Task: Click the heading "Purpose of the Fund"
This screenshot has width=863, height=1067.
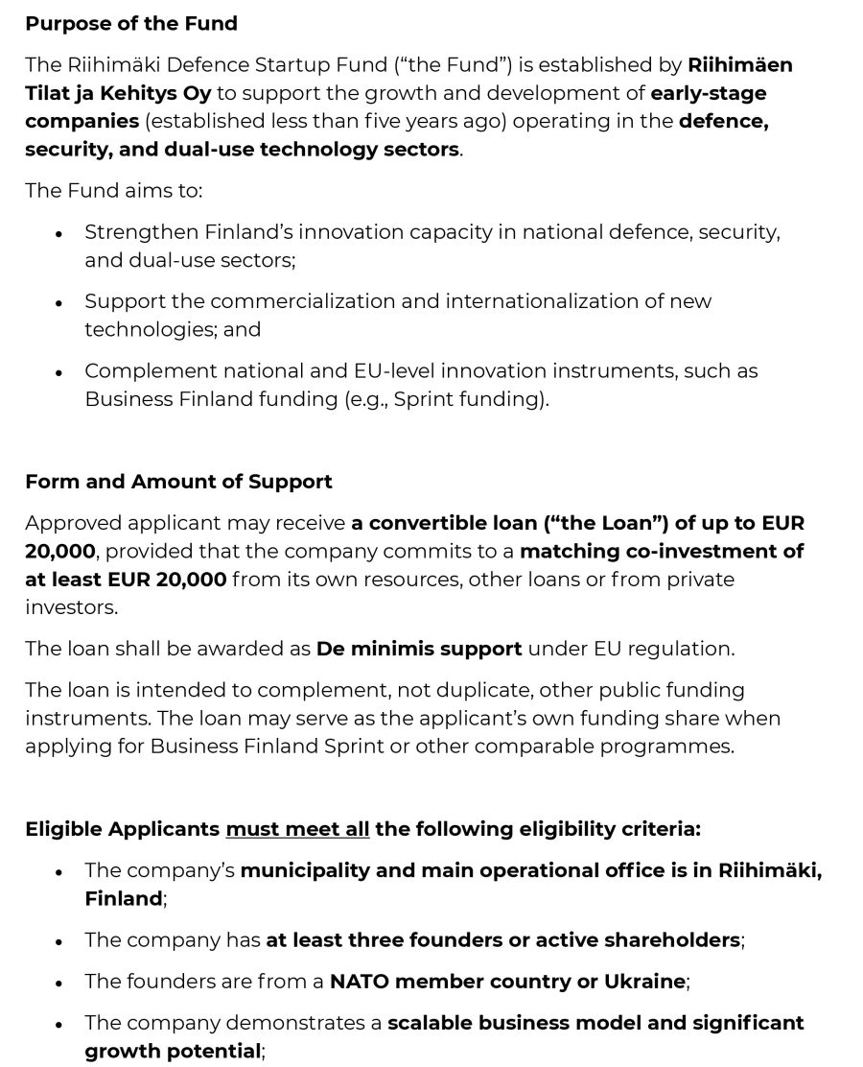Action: click(131, 24)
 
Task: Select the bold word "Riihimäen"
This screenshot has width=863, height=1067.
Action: click(740, 65)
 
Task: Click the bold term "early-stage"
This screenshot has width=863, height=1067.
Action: click(709, 93)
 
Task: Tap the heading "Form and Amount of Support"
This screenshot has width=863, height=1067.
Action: click(178, 482)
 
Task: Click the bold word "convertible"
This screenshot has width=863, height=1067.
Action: click(427, 523)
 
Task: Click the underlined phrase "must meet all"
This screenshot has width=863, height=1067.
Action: click(297, 828)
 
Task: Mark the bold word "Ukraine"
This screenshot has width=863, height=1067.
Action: click(644, 982)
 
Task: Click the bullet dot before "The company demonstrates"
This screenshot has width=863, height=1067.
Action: click(59, 1025)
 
